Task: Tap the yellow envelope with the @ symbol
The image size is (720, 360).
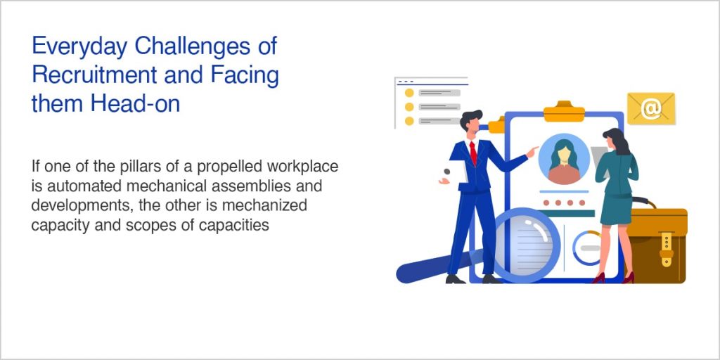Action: (651, 108)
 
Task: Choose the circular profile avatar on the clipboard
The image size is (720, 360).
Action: (563, 159)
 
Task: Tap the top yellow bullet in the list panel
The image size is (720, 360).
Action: (409, 92)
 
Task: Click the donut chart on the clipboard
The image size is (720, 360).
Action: (586, 247)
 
